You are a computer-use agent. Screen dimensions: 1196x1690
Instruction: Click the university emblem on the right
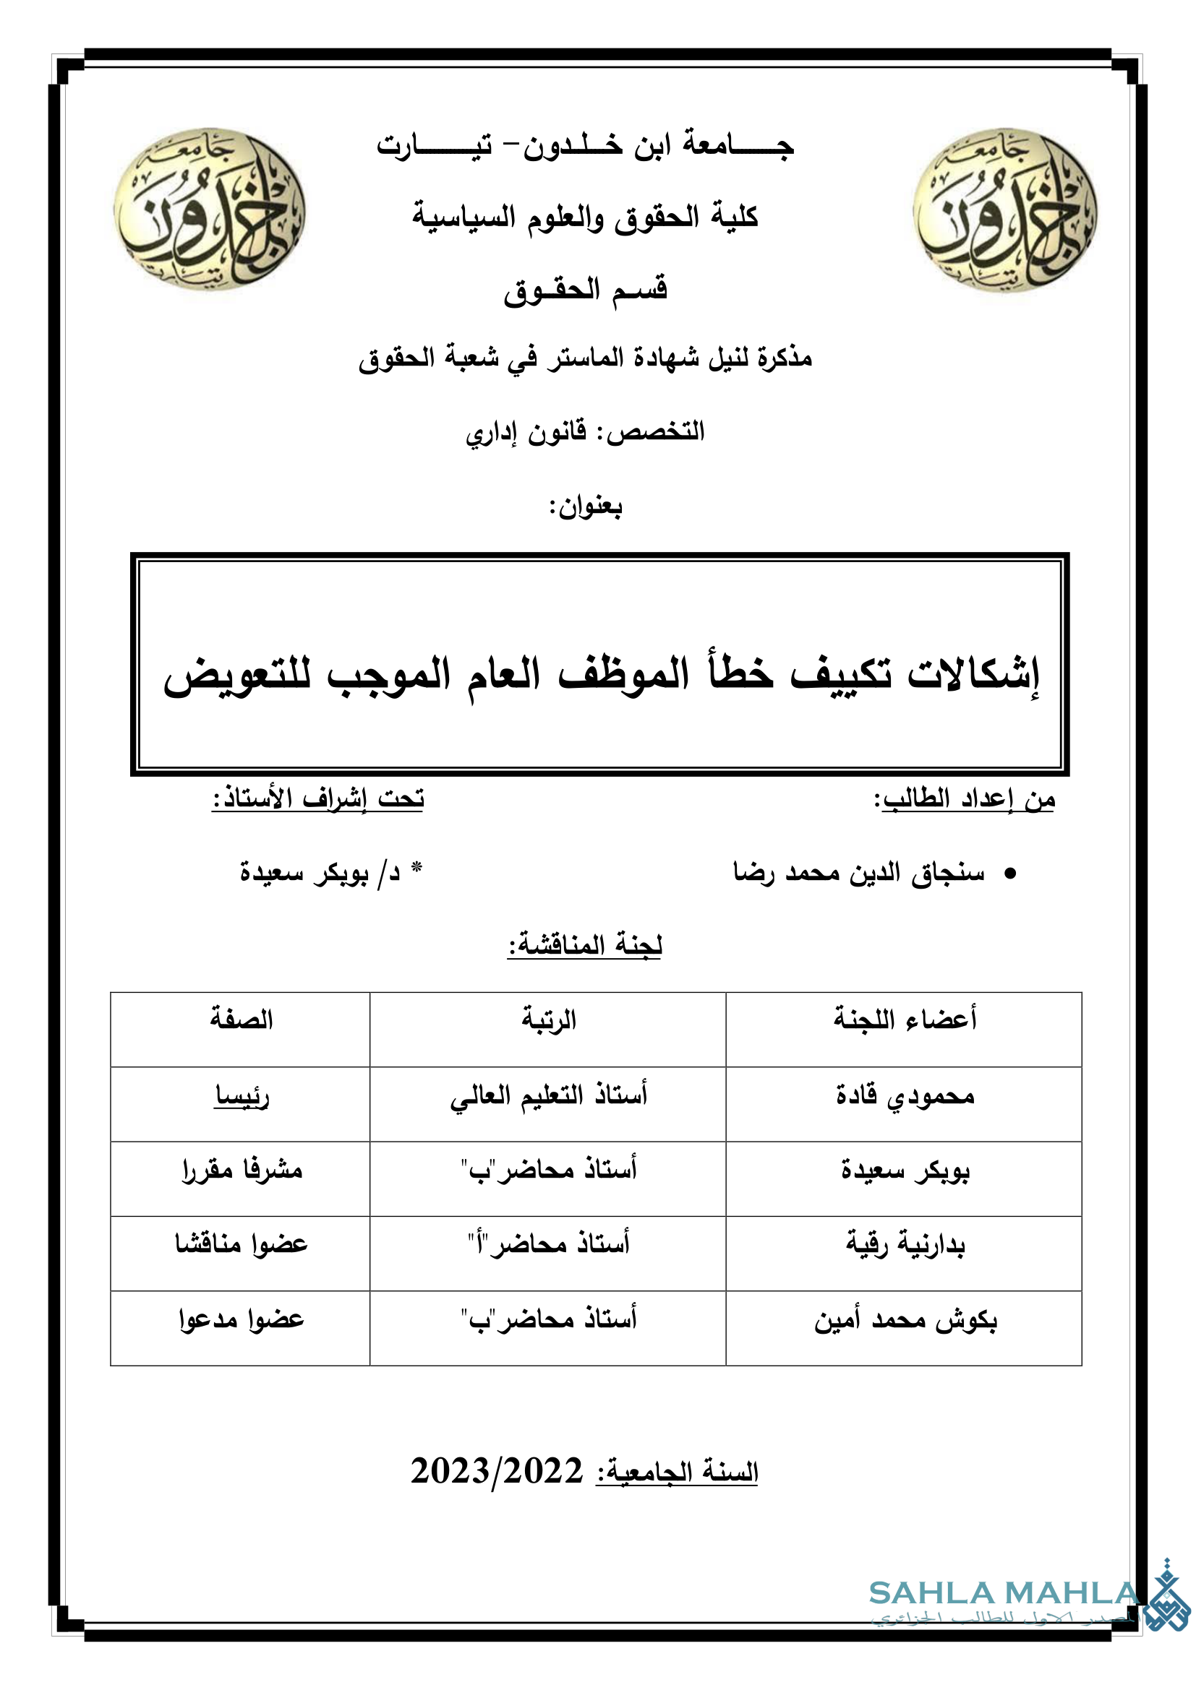click(x=1004, y=210)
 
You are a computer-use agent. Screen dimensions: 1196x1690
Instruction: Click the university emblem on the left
click(x=210, y=210)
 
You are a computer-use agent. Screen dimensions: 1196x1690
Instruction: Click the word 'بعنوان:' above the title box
click(x=586, y=507)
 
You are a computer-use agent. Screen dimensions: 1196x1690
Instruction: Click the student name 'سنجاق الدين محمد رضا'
click(x=859, y=873)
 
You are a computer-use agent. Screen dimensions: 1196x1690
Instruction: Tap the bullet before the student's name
click(x=1010, y=874)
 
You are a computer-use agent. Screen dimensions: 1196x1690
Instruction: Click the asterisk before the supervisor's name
click(x=416, y=868)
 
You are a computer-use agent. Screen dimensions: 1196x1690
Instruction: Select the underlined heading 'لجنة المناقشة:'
click(x=586, y=945)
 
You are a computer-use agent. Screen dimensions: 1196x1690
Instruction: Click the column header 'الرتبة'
click(x=549, y=1020)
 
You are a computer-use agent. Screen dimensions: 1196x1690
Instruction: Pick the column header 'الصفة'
click(x=241, y=1020)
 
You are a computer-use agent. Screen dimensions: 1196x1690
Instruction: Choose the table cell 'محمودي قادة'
click(x=905, y=1096)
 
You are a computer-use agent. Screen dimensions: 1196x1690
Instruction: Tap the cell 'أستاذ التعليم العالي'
click(x=549, y=1096)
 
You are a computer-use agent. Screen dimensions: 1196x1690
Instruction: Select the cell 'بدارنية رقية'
click(x=905, y=1245)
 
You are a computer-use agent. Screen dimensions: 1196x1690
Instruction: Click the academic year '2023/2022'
click(x=496, y=1471)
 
